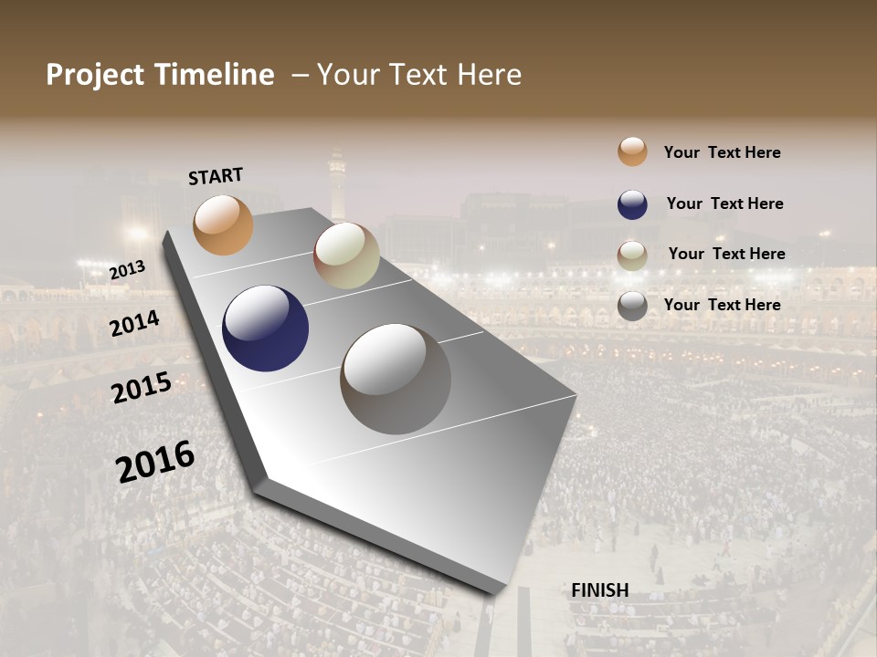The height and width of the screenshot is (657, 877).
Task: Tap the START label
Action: [x=216, y=175]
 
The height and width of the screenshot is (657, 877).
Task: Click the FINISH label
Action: [x=600, y=590]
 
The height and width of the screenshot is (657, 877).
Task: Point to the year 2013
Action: [x=127, y=270]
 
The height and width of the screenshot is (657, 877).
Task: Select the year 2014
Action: [x=135, y=323]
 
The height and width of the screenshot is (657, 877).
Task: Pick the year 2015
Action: [x=142, y=388]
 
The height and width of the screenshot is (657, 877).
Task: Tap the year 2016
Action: [x=155, y=462]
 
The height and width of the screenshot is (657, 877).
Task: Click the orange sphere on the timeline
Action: [x=223, y=224]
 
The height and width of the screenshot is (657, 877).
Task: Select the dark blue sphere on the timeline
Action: [x=265, y=328]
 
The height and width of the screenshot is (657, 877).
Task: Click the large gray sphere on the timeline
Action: [x=396, y=379]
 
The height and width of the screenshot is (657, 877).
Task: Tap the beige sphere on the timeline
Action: [x=346, y=255]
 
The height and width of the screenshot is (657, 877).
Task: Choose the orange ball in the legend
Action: [x=632, y=151]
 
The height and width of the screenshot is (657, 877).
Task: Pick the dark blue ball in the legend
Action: [x=632, y=204]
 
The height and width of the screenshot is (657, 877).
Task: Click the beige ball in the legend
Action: [x=632, y=255]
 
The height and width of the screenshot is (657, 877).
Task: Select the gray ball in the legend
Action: [x=632, y=306]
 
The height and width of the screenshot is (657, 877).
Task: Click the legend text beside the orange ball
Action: [x=722, y=152]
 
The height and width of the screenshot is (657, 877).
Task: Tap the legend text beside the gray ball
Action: [x=722, y=305]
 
